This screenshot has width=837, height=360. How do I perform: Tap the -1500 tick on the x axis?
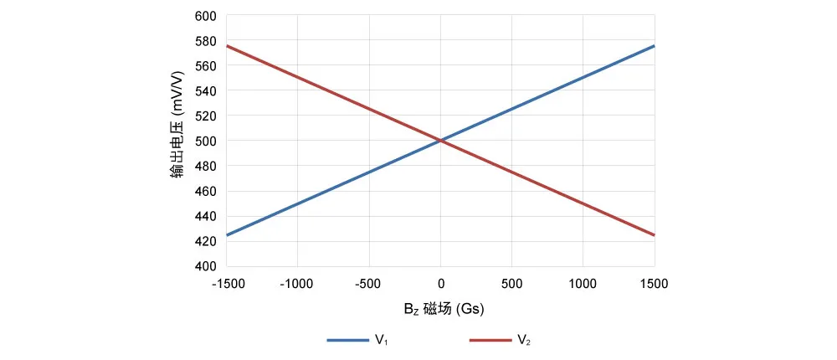228,284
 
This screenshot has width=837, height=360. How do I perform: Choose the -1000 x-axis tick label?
297,284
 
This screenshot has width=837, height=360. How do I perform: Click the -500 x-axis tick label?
369,284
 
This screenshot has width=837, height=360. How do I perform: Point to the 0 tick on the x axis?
440,284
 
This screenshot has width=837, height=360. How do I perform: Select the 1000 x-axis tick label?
583,284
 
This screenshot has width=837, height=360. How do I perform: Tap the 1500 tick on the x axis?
655,284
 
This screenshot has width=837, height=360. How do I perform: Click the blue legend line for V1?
347,341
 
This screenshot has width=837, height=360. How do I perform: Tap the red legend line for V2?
490,341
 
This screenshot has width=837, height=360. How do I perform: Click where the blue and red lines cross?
440,141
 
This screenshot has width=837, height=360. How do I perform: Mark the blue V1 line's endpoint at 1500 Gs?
655,46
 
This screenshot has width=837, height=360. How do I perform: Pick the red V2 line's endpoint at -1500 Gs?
227,46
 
